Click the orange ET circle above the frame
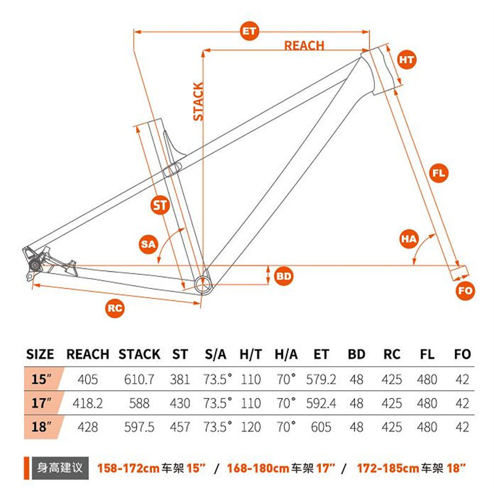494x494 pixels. [x=249, y=31]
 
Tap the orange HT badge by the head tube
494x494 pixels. [x=406, y=59]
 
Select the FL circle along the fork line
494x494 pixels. [x=439, y=173]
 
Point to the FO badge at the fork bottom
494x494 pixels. [x=466, y=290]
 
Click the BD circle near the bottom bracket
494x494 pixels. [x=283, y=276]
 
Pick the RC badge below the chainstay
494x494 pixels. [x=115, y=308]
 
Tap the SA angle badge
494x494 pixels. [x=148, y=244]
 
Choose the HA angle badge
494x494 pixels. [x=409, y=239]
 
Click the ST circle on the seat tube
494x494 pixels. [x=160, y=206]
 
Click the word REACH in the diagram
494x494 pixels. [x=304, y=46]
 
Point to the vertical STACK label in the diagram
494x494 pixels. [x=198, y=101]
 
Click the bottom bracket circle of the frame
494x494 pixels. [x=203, y=285]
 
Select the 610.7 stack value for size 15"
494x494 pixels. [x=139, y=379]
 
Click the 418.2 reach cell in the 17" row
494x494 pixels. [x=88, y=403]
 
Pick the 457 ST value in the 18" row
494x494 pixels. [x=180, y=427]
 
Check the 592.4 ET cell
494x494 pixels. [x=321, y=403]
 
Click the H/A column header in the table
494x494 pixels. [x=286, y=354]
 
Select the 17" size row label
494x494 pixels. [x=41, y=403]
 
